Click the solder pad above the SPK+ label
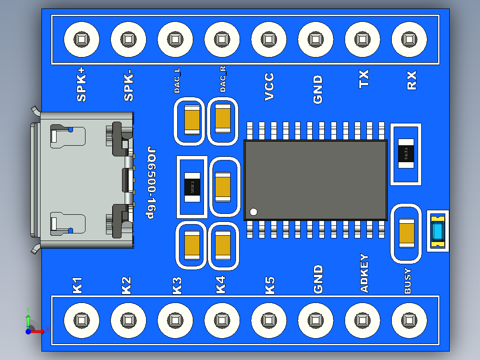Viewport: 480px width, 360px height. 81,40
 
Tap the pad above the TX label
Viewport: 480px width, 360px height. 362,40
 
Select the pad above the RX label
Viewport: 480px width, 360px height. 409,40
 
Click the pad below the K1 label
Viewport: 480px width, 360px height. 81,320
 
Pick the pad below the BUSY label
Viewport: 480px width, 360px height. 409,320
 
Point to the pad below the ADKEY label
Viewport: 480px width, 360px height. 362,320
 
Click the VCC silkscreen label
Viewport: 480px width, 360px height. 269,87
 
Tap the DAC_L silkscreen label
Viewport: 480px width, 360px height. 177,81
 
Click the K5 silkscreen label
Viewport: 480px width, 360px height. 270,285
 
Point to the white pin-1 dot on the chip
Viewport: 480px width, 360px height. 254,212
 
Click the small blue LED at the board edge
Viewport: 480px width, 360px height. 438,231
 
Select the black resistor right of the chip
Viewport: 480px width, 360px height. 406,154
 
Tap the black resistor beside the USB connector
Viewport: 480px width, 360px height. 192,187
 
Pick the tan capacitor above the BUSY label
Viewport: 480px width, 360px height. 406,233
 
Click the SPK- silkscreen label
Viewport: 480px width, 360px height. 129,87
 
